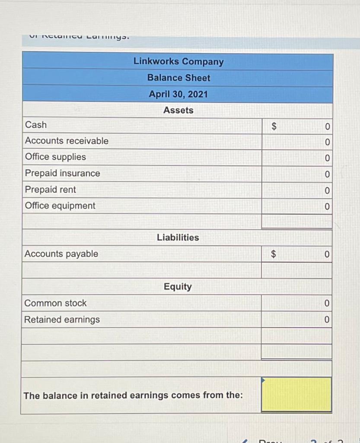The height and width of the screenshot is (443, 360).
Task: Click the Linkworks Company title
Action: [178, 61]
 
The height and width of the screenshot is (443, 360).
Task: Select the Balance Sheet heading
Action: [178, 78]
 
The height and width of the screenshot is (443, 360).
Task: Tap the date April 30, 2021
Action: [178, 94]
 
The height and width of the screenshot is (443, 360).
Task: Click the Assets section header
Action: [178, 110]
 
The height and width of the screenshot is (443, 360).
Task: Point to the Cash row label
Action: [36, 125]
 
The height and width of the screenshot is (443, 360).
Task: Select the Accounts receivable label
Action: [67, 141]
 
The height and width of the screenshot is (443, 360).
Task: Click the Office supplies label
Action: [55, 157]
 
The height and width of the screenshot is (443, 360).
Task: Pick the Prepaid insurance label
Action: [62, 173]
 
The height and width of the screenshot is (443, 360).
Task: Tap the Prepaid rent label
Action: [50, 189]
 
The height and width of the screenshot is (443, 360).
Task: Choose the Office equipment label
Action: [60, 206]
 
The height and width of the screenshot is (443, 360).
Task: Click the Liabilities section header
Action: [178, 238]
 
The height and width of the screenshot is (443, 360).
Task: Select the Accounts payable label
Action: [61, 254]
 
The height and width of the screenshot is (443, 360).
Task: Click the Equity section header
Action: [178, 286]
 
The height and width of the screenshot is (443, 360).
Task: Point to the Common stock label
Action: [55, 303]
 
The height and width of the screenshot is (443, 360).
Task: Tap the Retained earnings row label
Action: [62, 320]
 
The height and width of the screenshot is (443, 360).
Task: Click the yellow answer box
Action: [296, 395]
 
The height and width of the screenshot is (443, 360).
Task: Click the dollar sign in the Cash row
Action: [273, 126]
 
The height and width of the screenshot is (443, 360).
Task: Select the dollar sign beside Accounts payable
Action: [273, 254]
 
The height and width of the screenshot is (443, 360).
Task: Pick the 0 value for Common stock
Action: [327, 303]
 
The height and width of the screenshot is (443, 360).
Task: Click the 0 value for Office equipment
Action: [327, 206]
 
